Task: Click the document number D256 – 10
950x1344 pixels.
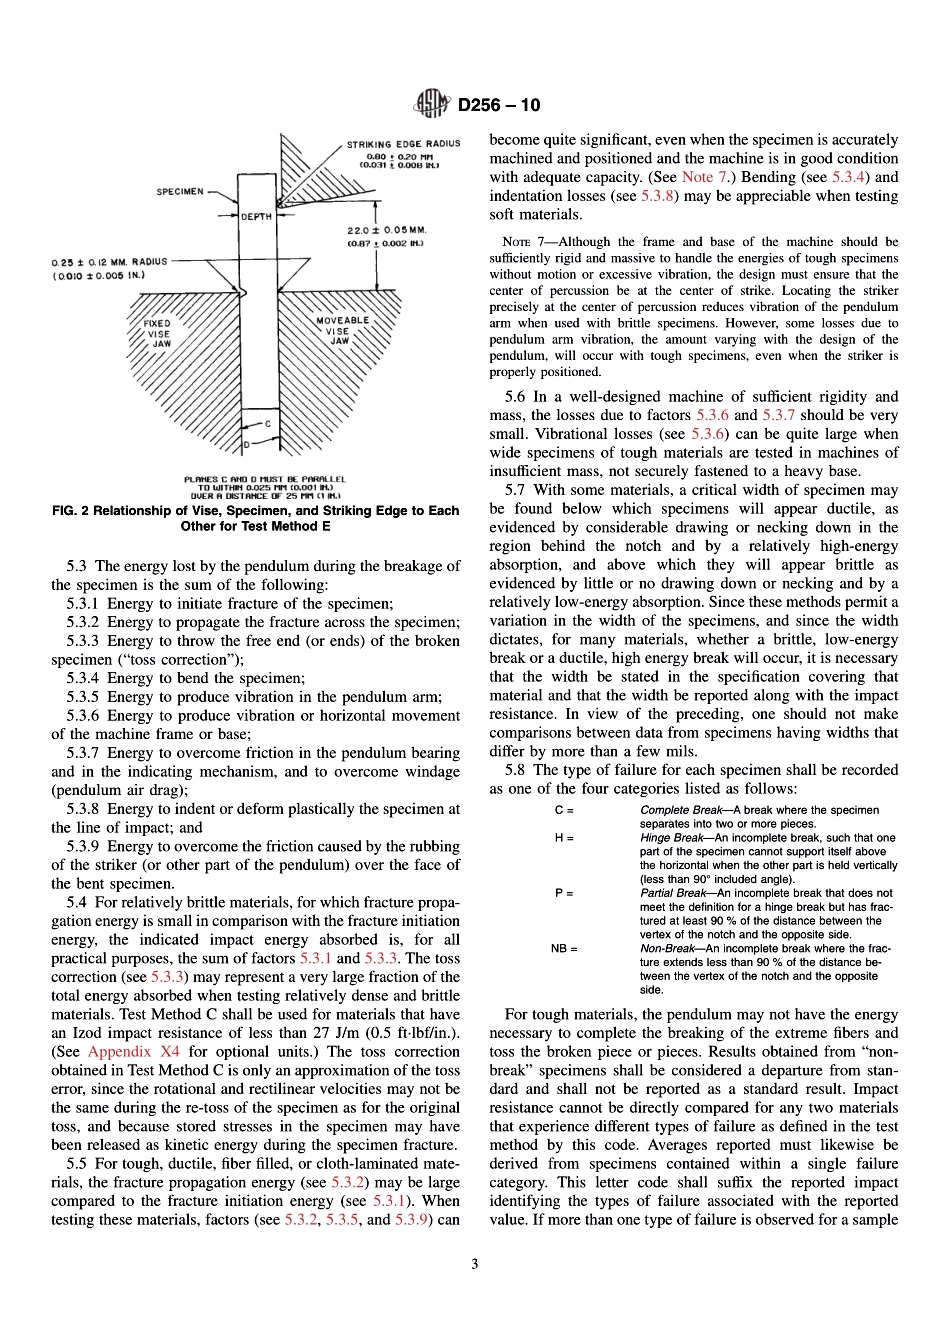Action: [499, 105]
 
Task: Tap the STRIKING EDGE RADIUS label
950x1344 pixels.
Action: [403, 144]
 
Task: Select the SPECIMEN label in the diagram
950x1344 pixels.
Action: [180, 191]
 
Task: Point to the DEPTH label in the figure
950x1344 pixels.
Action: [257, 216]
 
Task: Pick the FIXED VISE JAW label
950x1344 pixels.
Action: [158, 334]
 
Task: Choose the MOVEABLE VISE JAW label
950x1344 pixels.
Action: [342, 330]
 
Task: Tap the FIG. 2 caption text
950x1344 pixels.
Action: [255, 518]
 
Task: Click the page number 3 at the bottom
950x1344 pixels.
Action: [474, 1263]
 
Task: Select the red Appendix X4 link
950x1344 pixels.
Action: [134, 1051]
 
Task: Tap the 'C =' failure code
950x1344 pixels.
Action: [564, 810]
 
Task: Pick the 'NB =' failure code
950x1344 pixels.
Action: [564, 948]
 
